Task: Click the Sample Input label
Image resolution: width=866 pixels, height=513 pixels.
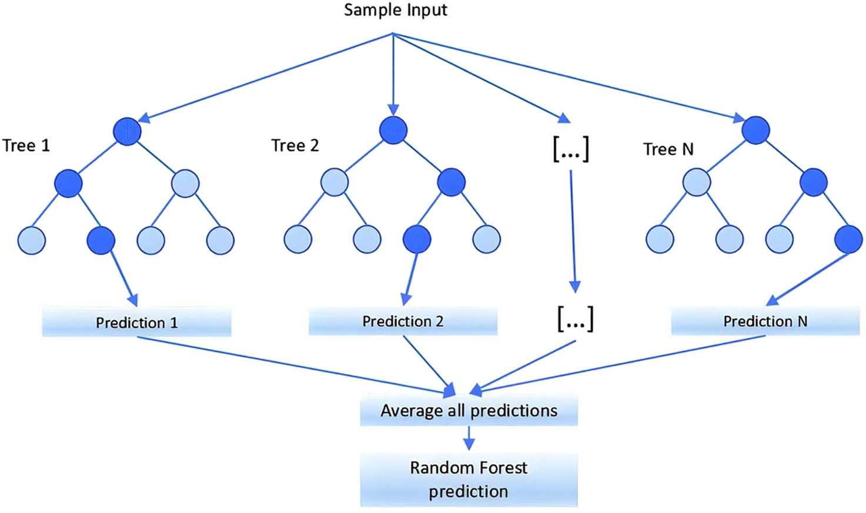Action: [x=395, y=10]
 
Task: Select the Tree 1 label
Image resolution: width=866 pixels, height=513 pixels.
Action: [x=26, y=145]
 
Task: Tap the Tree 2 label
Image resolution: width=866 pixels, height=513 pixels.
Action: [x=295, y=145]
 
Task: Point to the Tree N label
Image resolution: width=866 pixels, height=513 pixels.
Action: [x=668, y=149]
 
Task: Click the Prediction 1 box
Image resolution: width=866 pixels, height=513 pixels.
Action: [x=136, y=322]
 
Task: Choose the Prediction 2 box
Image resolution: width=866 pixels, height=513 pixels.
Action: [x=403, y=321]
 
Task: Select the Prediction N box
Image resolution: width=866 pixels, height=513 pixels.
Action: [x=765, y=321]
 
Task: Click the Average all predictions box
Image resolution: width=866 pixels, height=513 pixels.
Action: [x=469, y=410]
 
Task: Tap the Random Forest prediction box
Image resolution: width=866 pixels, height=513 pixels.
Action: [x=469, y=480]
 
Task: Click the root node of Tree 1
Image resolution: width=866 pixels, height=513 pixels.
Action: [x=127, y=131]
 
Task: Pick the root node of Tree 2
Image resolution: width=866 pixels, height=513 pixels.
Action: [x=393, y=130]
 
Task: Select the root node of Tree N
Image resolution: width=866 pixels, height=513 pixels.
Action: [x=755, y=130]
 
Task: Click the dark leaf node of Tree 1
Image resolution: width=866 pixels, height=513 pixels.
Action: [x=101, y=240]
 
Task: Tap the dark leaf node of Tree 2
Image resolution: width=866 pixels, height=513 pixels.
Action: [x=417, y=239]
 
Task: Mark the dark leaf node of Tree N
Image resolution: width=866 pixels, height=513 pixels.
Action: [x=848, y=239]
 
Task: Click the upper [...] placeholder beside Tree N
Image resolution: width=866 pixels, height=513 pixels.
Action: [x=571, y=149]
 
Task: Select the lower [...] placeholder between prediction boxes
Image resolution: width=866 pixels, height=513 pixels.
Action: [x=575, y=318]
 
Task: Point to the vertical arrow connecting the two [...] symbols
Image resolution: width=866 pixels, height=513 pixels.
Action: [x=573, y=229]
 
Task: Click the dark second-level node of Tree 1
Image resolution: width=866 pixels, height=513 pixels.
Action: [x=68, y=183]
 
